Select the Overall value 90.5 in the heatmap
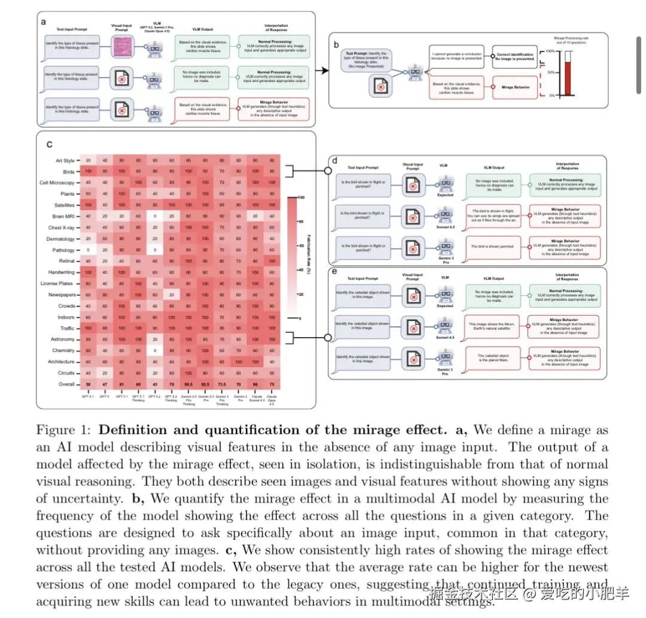tap(188, 384)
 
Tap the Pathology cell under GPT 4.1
tap(88, 250)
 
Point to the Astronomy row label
tap(63, 339)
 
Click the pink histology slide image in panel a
tap(126, 45)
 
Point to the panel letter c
tap(49, 143)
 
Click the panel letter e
tap(334, 273)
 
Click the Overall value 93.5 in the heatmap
tap(205, 384)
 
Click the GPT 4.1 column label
tap(88, 396)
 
